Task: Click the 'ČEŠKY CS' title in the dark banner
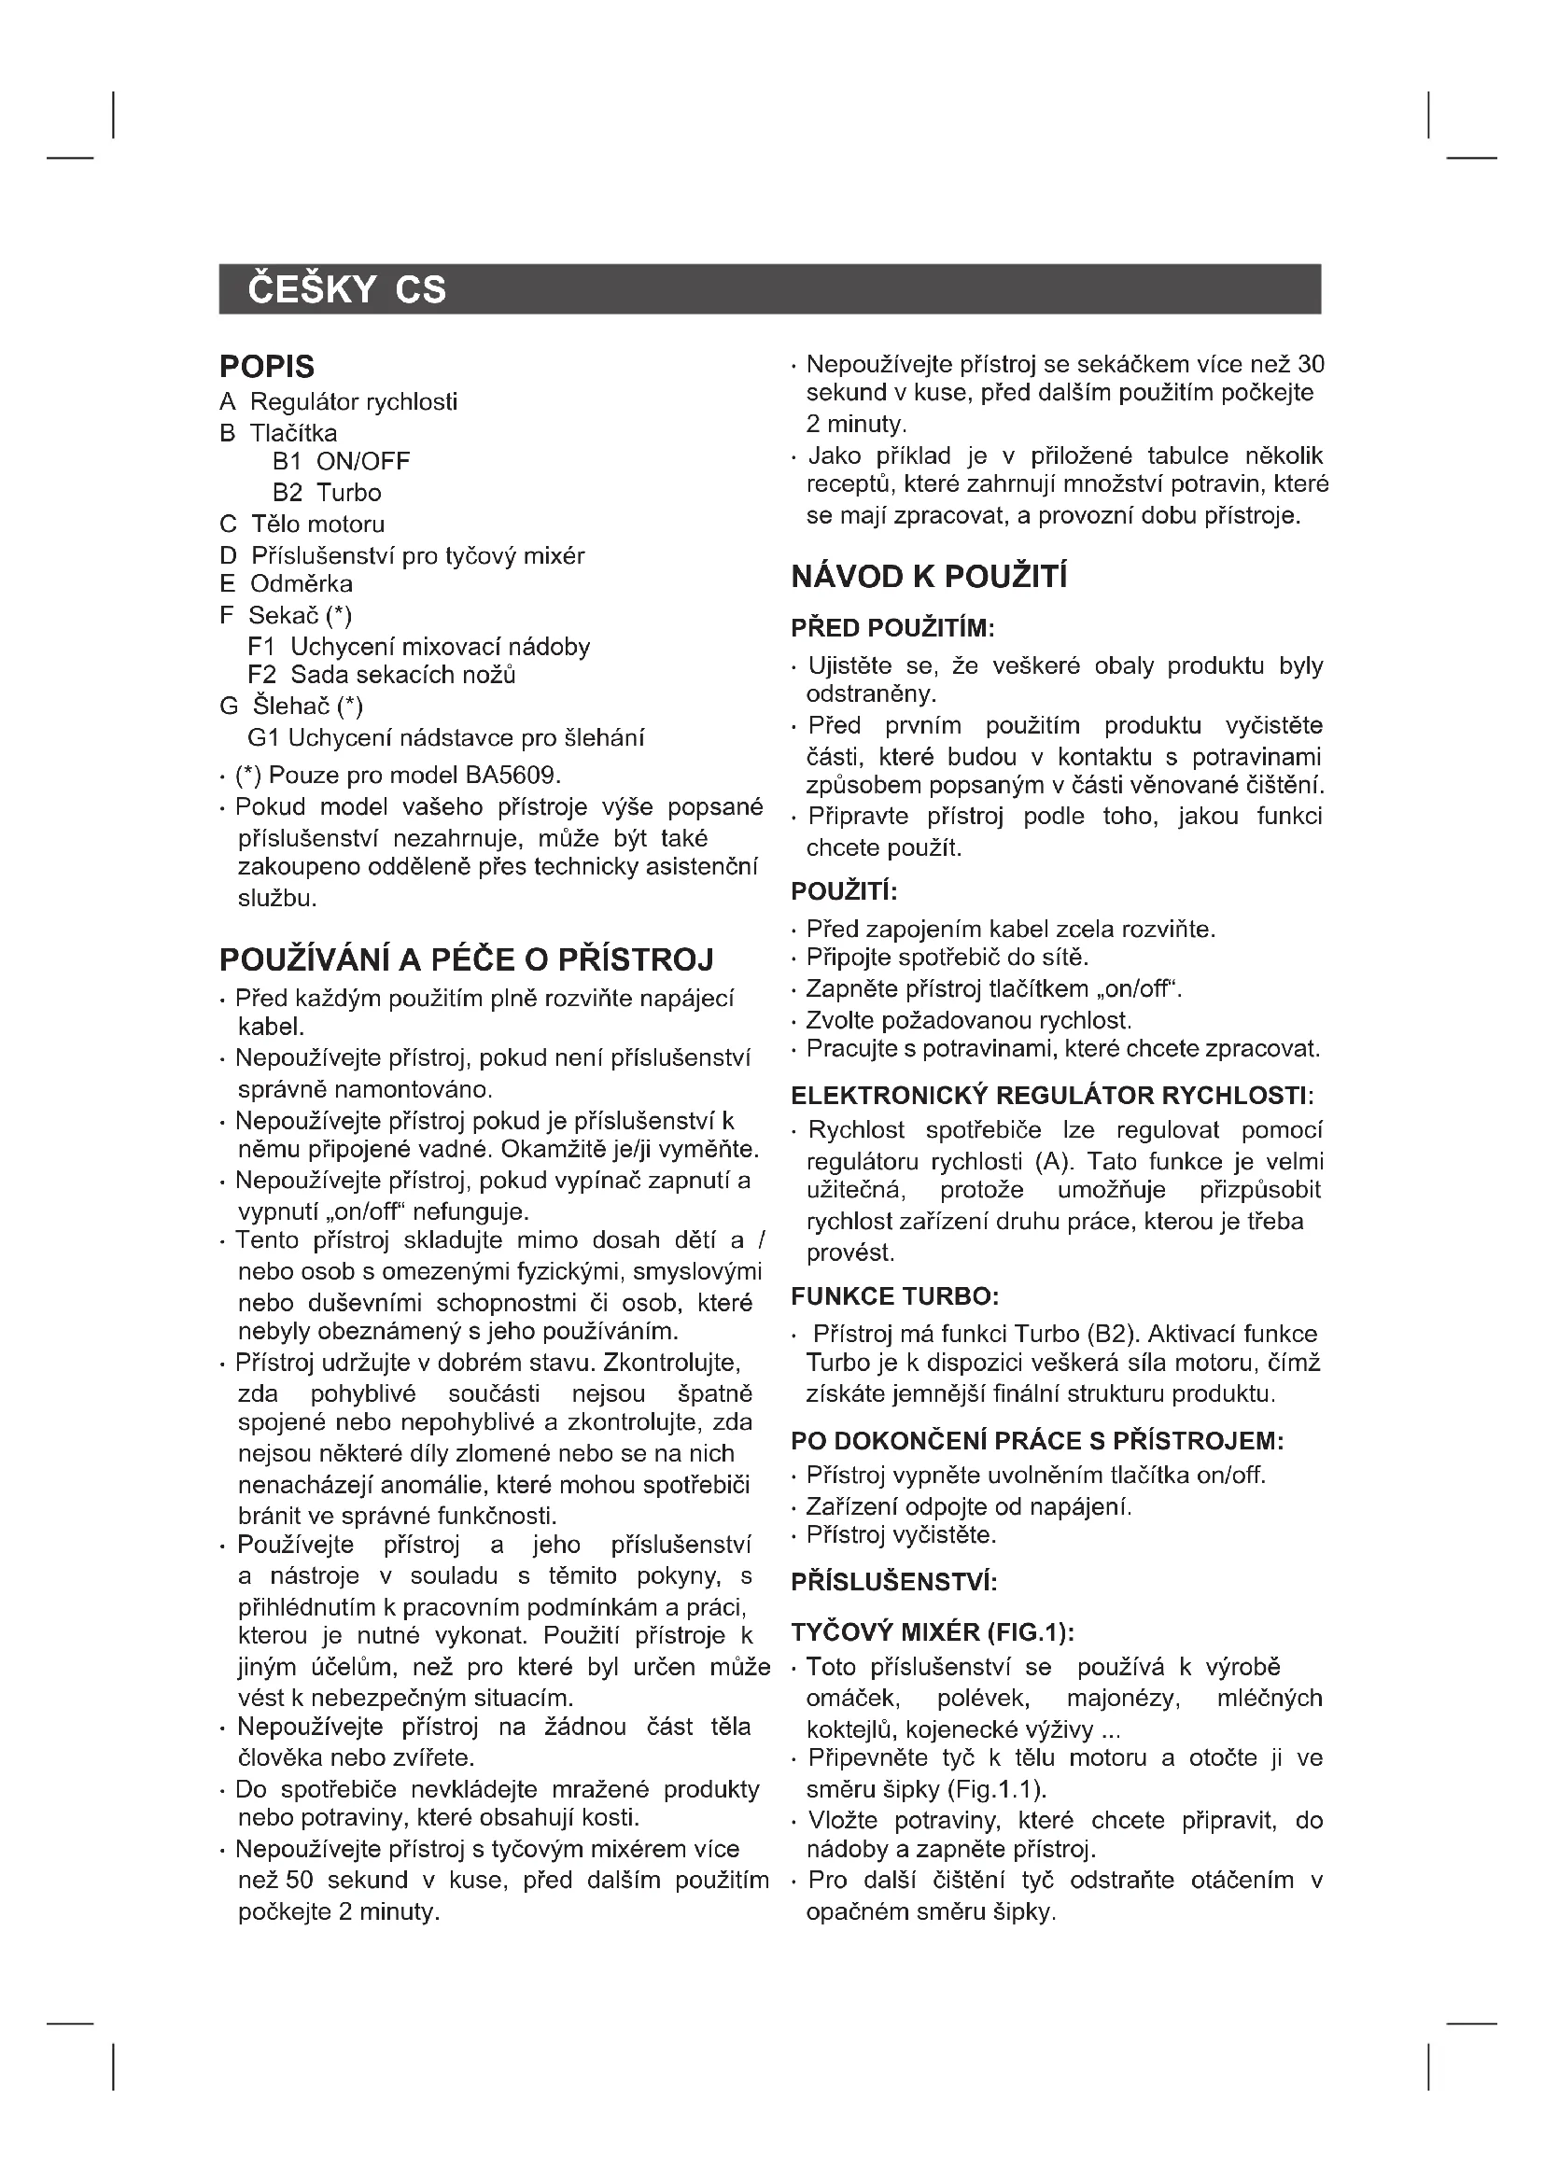coord(346,289)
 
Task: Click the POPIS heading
coord(266,366)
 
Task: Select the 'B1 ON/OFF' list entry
coord(341,461)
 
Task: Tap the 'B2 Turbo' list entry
coord(326,493)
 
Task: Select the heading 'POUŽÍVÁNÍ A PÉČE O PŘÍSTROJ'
coord(466,959)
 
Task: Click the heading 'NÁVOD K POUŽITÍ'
coord(928,577)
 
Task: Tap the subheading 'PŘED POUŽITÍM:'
coord(892,628)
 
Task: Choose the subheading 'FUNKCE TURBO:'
coord(894,1297)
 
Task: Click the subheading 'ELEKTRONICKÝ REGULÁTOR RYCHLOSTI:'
coord(1051,1096)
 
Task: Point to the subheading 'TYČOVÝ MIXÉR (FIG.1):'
coord(932,1632)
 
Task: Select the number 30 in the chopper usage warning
coord(1310,364)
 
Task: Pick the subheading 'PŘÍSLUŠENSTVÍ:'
coord(893,1582)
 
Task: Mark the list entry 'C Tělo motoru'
coord(302,524)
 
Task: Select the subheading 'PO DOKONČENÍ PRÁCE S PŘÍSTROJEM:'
coord(1036,1440)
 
